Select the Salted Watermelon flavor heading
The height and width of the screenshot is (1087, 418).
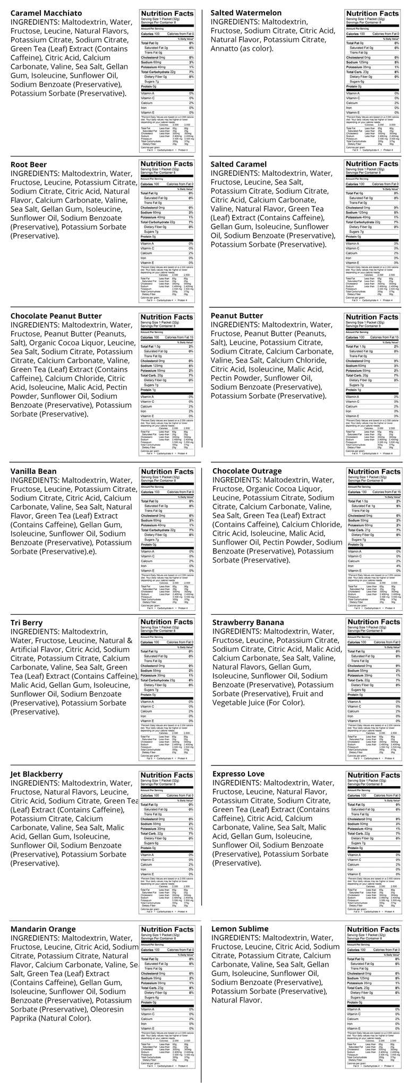[x=246, y=13]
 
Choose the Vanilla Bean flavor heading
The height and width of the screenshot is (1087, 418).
[x=33, y=471]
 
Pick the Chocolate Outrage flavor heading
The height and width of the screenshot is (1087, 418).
[x=247, y=471]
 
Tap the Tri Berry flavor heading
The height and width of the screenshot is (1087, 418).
[x=27, y=623]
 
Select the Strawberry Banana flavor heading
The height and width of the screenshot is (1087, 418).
[x=248, y=623]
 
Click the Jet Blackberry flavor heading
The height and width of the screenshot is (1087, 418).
[x=36, y=774]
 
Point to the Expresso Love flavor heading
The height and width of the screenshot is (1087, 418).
[x=238, y=774]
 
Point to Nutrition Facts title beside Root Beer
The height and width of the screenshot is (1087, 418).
[x=167, y=164]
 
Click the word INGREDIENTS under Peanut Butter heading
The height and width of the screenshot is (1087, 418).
[x=234, y=325]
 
